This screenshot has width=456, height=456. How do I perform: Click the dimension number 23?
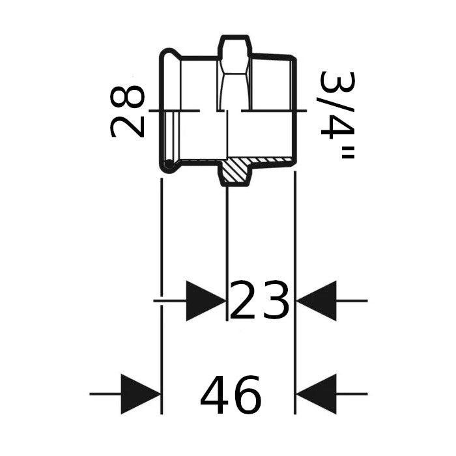pos(259,300)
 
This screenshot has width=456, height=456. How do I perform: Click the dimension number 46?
pos(231,395)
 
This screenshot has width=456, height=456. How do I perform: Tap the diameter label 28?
pos(127,111)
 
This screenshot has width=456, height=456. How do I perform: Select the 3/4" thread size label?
pos(337,115)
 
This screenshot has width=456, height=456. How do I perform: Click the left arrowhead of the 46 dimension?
pos(141,394)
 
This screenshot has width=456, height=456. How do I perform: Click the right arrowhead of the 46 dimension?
pos(316,394)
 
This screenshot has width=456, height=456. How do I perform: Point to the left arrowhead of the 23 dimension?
pos(207,301)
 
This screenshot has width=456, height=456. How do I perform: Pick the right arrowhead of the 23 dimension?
pos(316,301)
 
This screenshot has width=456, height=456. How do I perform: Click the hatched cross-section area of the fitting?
pos(236,171)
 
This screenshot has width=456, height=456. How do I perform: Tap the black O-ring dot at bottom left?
pos(169,164)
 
